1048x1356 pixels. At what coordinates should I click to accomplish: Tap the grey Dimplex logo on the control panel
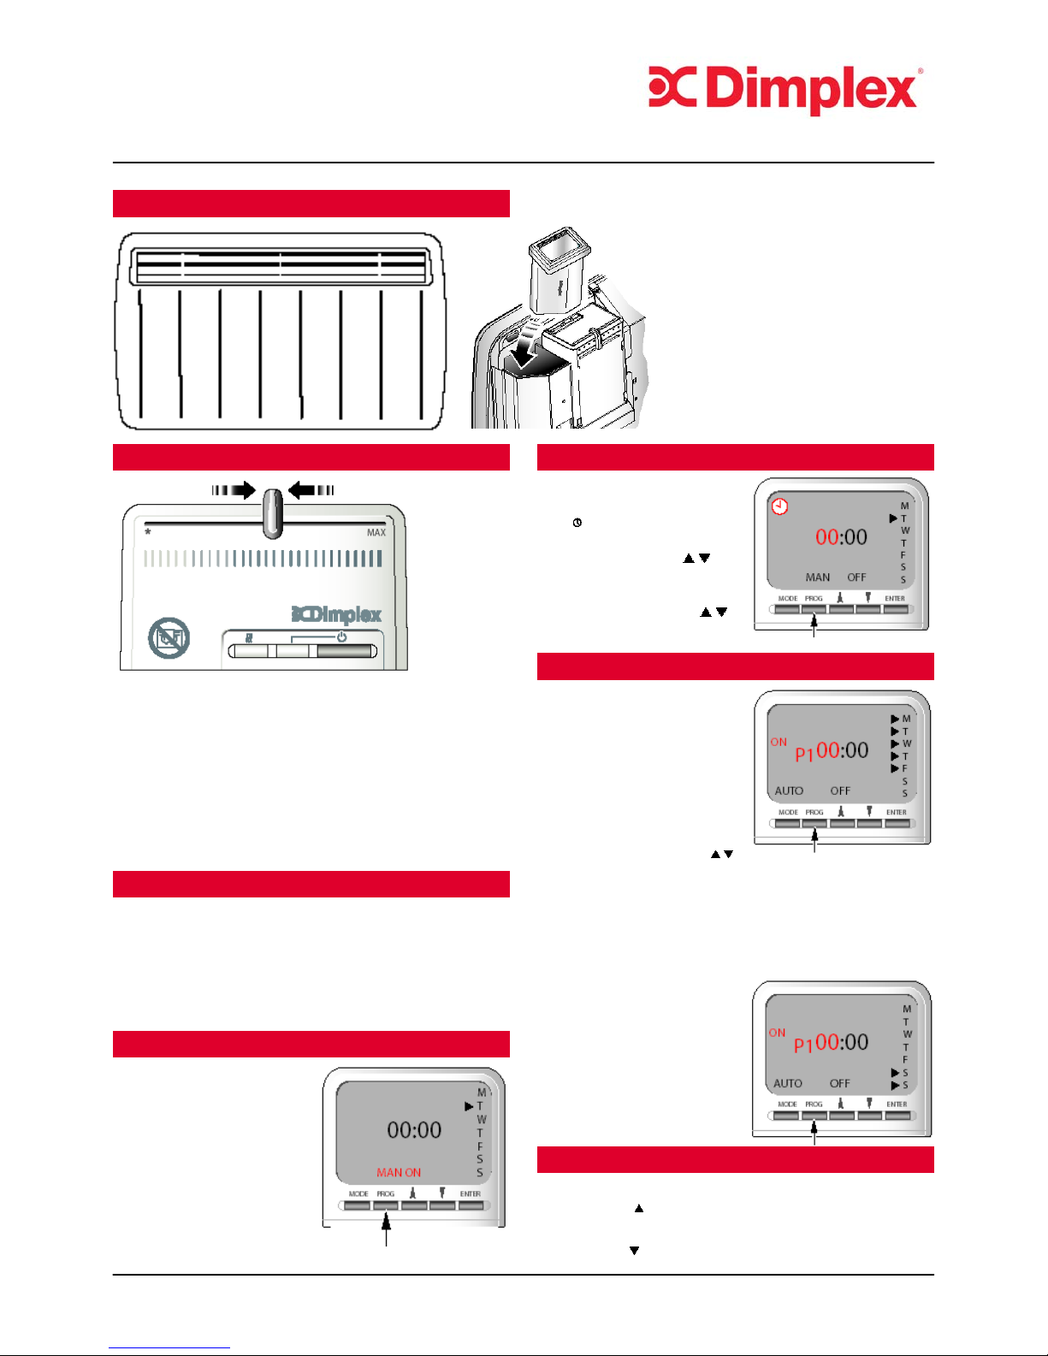click(336, 614)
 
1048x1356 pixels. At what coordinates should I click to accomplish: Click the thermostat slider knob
click(272, 513)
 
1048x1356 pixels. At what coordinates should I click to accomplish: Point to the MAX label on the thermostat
click(376, 533)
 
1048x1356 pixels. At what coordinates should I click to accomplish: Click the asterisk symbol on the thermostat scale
click(148, 533)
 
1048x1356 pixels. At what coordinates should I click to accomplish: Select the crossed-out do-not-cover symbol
click(169, 638)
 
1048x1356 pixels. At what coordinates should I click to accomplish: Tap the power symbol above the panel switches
click(341, 637)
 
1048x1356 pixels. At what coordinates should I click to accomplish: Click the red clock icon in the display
click(779, 506)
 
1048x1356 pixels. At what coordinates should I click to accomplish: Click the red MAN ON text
click(399, 1172)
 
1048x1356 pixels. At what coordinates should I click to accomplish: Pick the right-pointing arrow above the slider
click(234, 490)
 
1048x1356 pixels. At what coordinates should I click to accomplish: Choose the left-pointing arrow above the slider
click(311, 490)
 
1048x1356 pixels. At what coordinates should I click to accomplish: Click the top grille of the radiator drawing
click(281, 266)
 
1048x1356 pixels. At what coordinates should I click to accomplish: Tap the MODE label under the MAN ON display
click(358, 1193)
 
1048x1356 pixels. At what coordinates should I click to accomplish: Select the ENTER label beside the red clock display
click(895, 599)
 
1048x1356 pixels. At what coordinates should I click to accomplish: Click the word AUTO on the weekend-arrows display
click(788, 1083)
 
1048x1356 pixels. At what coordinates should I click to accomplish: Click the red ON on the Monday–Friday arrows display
click(779, 742)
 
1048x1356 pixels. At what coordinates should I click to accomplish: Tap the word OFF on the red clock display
click(856, 577)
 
